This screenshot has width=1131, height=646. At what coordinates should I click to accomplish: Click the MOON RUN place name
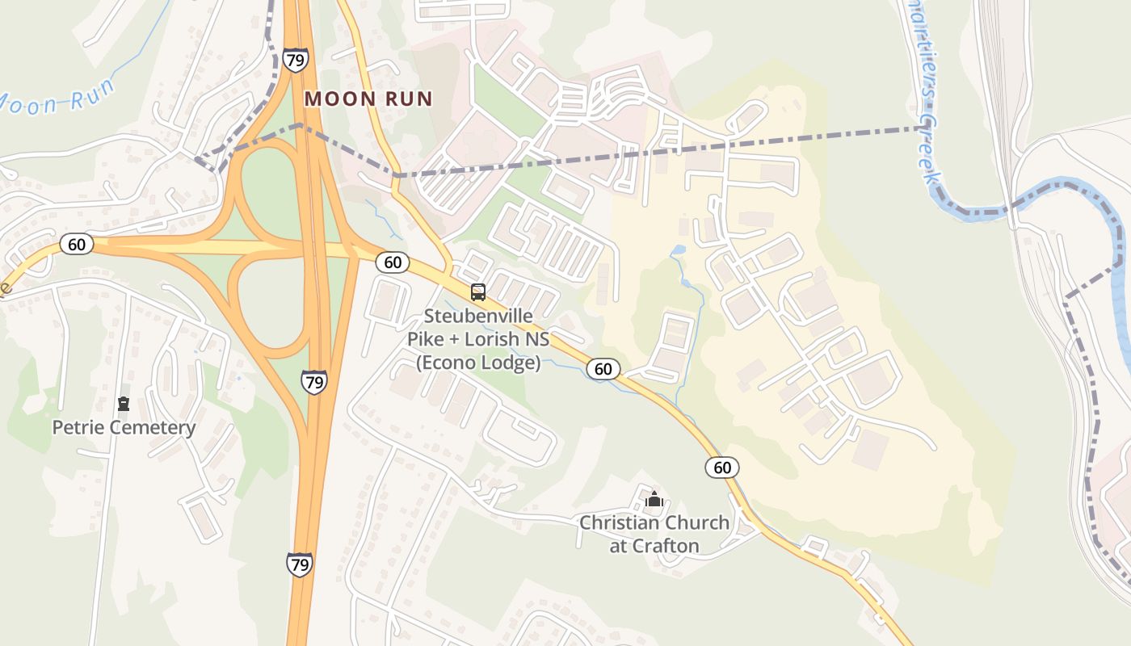pos(368,99)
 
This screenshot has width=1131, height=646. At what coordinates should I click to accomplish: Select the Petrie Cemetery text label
pos(124,427)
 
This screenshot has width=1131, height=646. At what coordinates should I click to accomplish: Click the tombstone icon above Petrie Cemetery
pos(124,404)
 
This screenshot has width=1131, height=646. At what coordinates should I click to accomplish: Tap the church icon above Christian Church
pos(654,499)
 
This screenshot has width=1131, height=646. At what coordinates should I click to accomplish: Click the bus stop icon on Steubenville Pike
pos(478,292)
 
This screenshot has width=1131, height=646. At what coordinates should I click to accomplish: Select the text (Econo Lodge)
pos(478,363)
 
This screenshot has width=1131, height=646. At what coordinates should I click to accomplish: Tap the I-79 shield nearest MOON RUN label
pos(295,59)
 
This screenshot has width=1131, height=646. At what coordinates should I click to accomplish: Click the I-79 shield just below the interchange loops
pos(314,381)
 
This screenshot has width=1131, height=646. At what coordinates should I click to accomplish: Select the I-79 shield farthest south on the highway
pos(299,564)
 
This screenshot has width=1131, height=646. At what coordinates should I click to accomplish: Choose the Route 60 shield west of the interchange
pos(76,244)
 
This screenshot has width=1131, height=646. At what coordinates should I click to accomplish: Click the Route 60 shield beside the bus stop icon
pos(393,262)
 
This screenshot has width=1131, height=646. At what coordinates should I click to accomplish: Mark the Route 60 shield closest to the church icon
pos(721,467)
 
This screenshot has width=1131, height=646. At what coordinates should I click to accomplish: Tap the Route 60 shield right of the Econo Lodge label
pos(603,369)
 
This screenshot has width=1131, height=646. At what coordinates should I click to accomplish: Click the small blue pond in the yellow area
pos(678,250)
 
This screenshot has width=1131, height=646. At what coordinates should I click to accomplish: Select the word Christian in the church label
pos(618,522)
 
